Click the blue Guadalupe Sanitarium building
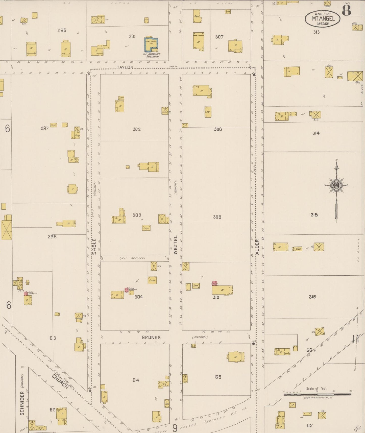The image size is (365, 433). pyautogui.click(x=151, y=45)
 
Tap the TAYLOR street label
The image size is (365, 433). pyautogui.click(x=125, y=67)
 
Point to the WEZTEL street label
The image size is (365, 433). pyautogui.click(x=176, y=245)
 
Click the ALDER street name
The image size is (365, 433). pyautogui.click(x=257, y=247)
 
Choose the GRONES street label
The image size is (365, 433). pyautogui.click(x=151, y=337)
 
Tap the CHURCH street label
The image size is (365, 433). pyautogui.click(x=60, y=381)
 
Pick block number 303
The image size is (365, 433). pyautogui.click(x=137, y=215)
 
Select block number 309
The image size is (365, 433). pyautogui.click(x=217, y=217)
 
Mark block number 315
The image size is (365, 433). pyautogui.click(x=314, y=215)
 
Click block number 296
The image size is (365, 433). pyautogui.click(x=62, y=30)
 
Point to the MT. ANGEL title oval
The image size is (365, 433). pyautogui.click(x=323, y=18)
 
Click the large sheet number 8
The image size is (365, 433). pyautogui.click(x=347, y=10)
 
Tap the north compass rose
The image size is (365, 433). pyautogui.click(x=336, y=186)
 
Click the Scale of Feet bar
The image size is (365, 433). pyautogui.click(x=317, y=394)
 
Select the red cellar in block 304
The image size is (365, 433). pyautogui.click(x=126, y=290)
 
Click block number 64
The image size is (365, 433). pyautogui.click(x=136, y=380)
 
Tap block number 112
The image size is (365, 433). pyautogui.click(x=310, y=425)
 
